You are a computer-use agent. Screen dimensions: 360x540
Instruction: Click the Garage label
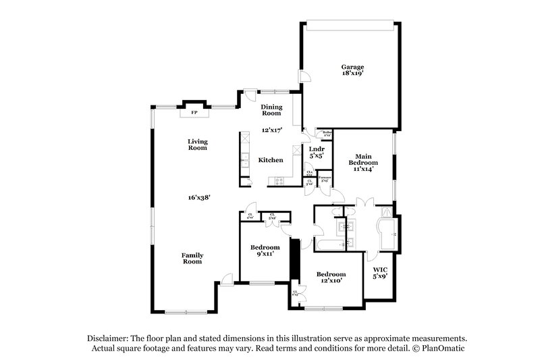click(x=352, y=67)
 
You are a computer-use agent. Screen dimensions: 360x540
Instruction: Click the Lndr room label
click(x=317, y=149)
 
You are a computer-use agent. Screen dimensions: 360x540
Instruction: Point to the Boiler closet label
click(x=327, y=133)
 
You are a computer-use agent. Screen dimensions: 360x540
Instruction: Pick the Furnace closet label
click(x=324, y=178)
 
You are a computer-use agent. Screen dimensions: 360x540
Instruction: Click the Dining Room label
click(x=271, y=110)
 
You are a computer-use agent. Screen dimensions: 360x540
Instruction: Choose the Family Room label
click(x=192, y=258)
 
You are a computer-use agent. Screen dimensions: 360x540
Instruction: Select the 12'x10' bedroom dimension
click(x=331, y=281)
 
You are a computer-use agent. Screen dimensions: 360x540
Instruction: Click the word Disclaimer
click(x=109, y=338)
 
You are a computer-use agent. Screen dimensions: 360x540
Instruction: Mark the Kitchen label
click(x=271, y=160)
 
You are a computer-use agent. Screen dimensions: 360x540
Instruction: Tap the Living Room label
click(x=198, y=144)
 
